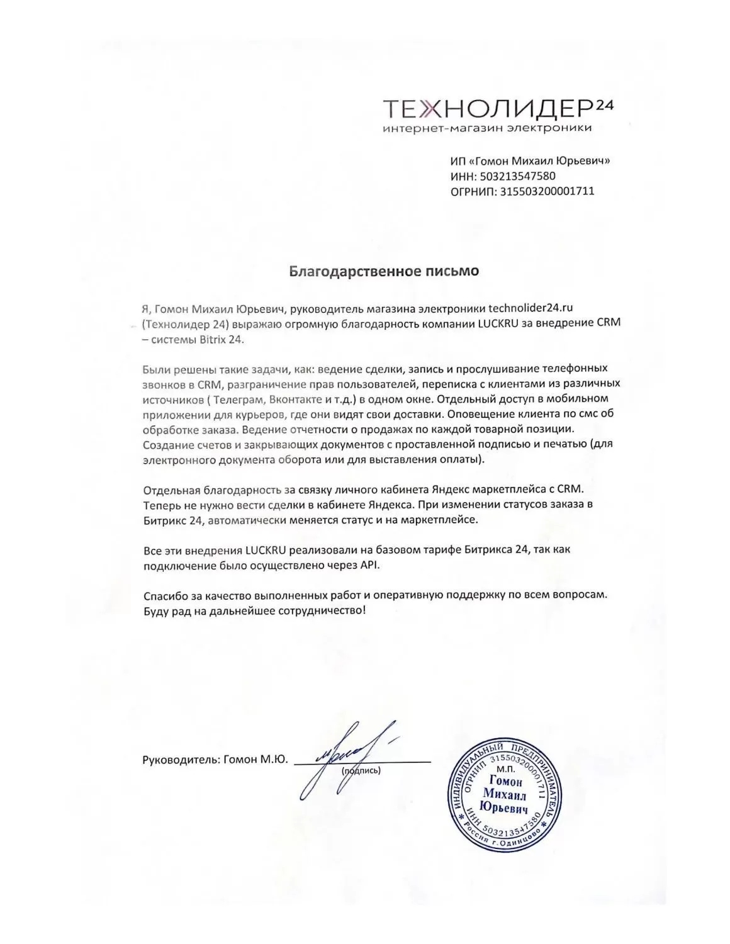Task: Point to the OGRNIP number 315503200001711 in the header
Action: click(547, 191)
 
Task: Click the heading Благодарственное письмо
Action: click(384, 271)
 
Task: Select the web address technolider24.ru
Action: click(532, 308)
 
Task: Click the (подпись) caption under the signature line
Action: click(361, 770)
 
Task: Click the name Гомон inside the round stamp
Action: click(505, 782)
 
